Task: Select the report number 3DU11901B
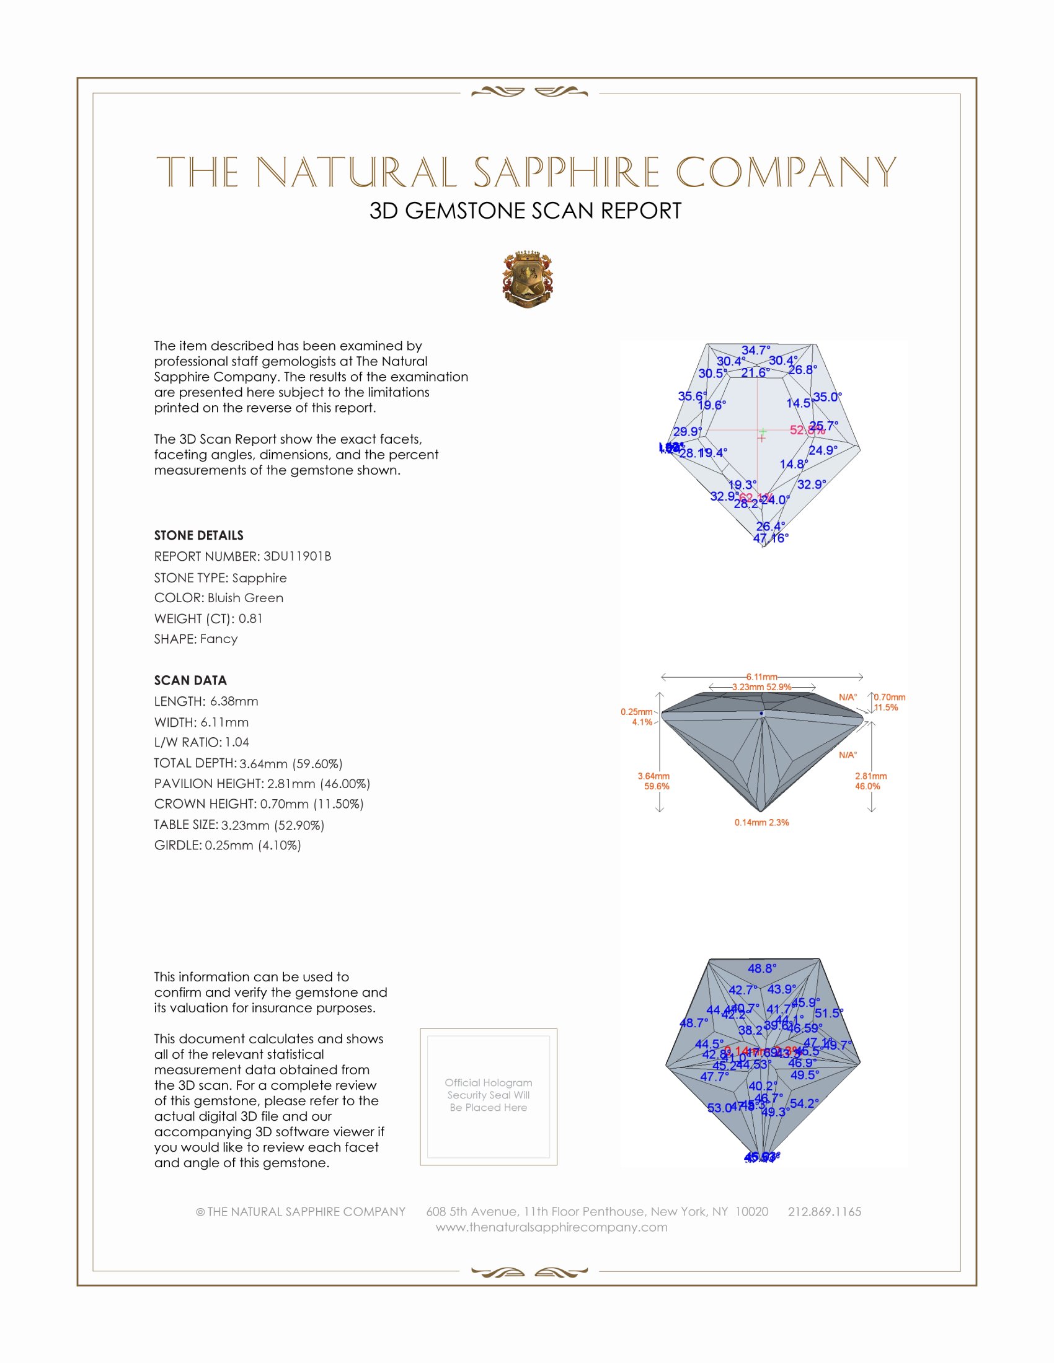pyautogui.click(x=297, y=556)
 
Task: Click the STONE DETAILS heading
pyautogui.click(x=198, y=535)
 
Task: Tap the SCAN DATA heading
pyautogui.click(x=190, y=680)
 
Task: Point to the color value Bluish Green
pyautogui.click(x=246, y=598)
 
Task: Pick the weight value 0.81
pyautogui.click(x=250, y=618)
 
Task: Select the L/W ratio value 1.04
pyautogui.click(x=237, y=742)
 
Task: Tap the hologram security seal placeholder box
pyautogui.click(x=489, y=1097)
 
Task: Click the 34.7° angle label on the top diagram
pyautogui.click(x=756, y=350)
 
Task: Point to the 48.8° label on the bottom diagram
pyautogui.click(x=762, y=968)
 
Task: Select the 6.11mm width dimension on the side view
pyautogui.click(x=762, y=677)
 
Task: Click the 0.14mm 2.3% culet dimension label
pyautogui.click(x=761, y=823)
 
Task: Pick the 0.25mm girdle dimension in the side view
pyautogui.click(x=636, y=711)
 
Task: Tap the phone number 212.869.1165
pyautogui.click(x=824, y=1211)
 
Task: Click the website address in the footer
pyautogui.click(x=551, y=1227)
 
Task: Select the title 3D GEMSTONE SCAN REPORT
pyautogui.click(x=525, y=211)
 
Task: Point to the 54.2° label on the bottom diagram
pyautogui.click(x=804, y=1103)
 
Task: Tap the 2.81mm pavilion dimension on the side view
pyautogui.click(x=870, y=776)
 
